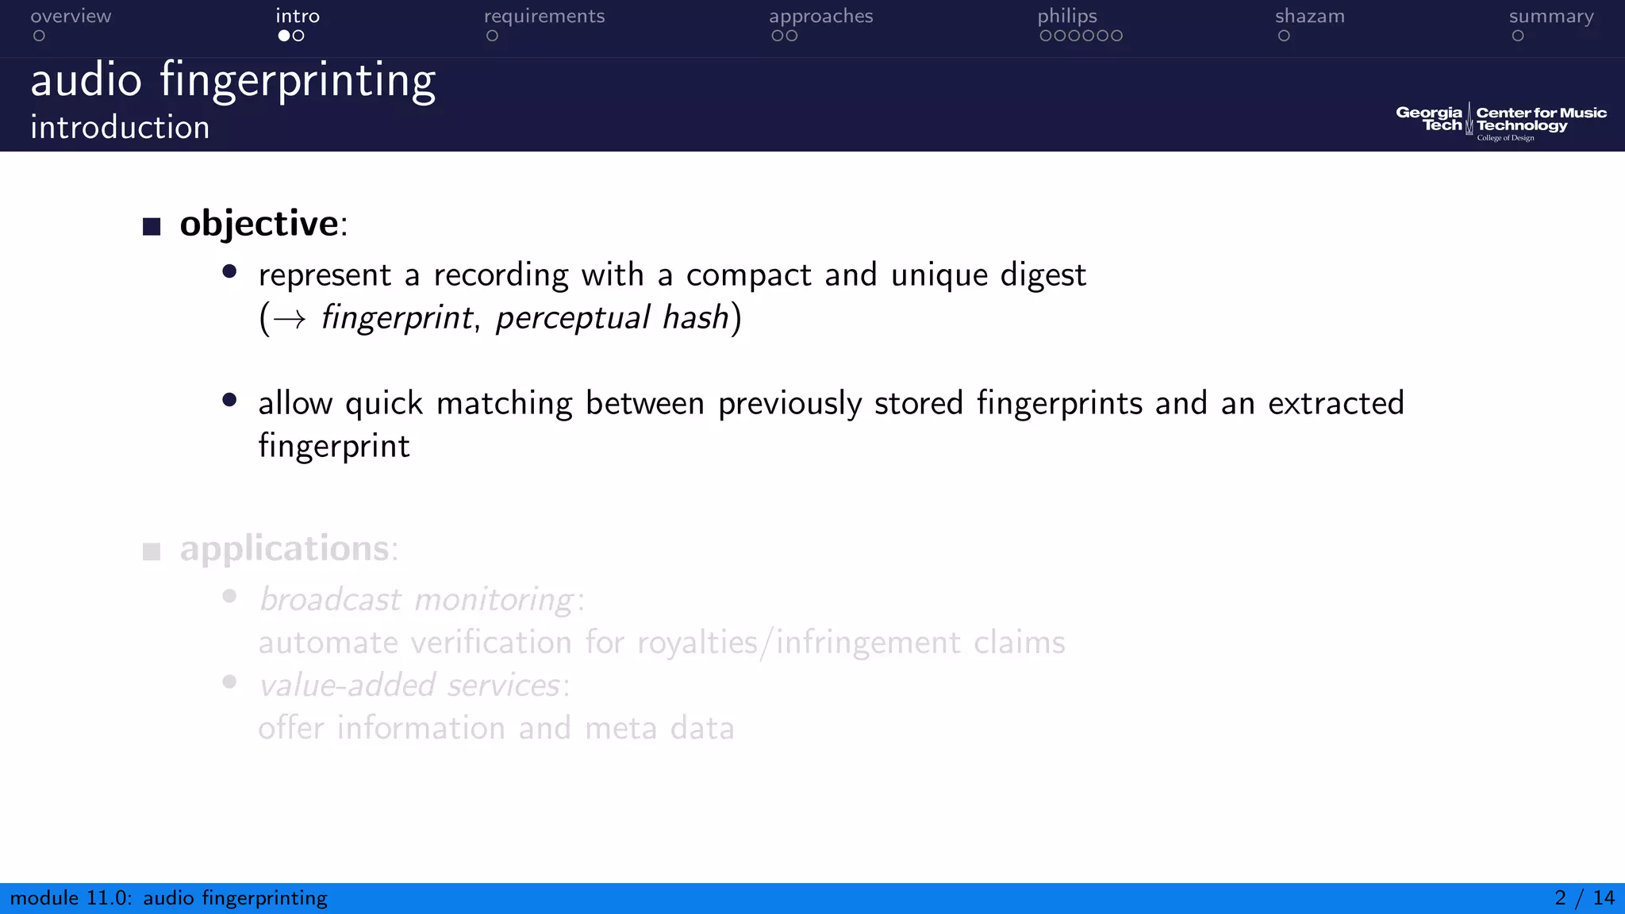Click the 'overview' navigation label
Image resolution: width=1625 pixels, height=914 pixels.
tap(71, 17)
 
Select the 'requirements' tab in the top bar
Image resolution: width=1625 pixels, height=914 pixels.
tap(544, 17)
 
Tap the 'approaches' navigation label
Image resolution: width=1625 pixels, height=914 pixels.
tap(820, 17)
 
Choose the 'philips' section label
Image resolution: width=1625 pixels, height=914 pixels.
tap(1066, 17)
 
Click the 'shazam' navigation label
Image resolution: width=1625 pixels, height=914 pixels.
tap(1309, 17)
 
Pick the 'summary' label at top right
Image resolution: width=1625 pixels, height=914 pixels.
tap(1550, 17)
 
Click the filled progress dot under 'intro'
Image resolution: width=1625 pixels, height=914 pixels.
tap(283, 36)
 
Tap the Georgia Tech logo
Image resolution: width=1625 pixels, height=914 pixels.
tap(1429, 119)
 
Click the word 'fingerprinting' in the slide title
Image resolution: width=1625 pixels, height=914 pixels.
tap(298, 82)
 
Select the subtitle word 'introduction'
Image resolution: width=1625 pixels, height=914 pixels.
tap(120, 128)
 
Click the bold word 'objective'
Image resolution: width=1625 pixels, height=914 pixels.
tap(259, 224)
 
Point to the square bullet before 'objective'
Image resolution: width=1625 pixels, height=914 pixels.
tap(152, 227)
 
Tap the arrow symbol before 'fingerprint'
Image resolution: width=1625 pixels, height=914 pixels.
tap(289, 319)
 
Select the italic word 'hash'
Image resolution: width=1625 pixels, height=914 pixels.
tap(695, 317)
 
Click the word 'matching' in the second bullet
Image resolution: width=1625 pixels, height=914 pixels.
tap(504, 404)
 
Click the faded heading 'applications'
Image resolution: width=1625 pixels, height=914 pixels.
tap(285, 549)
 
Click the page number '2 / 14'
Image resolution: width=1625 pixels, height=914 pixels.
tap(1584, 898)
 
